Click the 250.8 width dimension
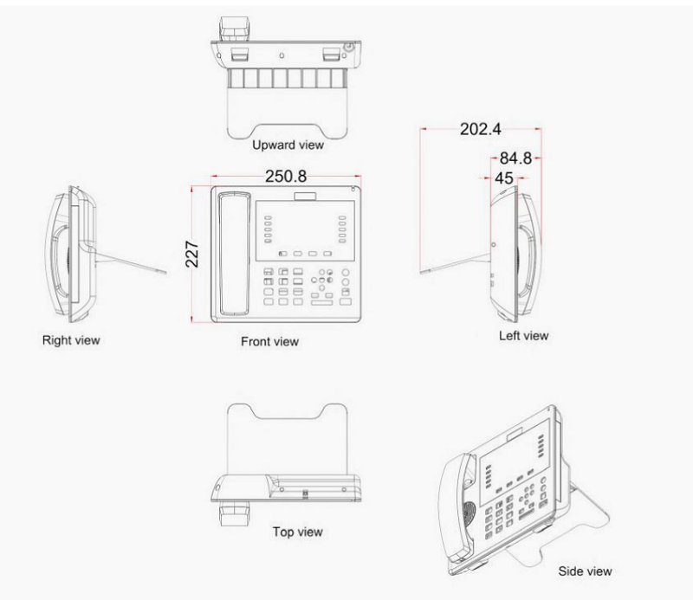285,176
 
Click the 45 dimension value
502,177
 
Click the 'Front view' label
269,341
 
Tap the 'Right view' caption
71,340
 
